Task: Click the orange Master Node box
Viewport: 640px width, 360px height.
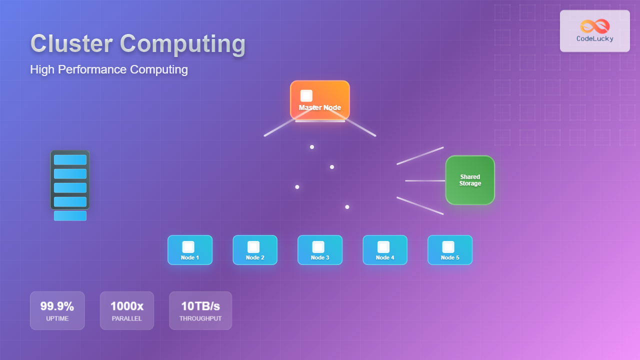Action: (x=320, y=100)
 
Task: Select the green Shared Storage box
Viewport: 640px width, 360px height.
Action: (x=470, y=180)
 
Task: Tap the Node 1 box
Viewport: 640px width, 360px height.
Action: (x=190, y=250)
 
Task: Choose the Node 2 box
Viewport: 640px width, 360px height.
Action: (x=255, y=250)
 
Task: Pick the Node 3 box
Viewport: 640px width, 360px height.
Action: (x=320, y=250)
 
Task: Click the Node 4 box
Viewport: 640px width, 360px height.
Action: (x=385, y=250)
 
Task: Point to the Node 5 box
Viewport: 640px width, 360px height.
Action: (x=450, y=250)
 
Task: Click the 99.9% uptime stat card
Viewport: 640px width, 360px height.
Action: (x=57, y=310)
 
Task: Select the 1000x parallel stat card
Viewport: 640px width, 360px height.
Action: (x=127, y=310)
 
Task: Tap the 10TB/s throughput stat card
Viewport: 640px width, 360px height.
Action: (x=200, y=310)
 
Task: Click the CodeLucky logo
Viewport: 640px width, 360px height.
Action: (x=595, y=31)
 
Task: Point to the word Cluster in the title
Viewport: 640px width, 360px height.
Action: (x=71, y=43)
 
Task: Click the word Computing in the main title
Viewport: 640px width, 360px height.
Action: (x=183, y=43)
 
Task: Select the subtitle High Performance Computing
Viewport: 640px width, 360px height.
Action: (x=109, y=69)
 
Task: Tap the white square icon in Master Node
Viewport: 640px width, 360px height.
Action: (x=306, y=95)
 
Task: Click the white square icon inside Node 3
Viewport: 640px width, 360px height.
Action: (x=318, y=247)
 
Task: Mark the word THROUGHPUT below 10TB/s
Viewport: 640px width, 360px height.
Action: (x=200, y=318)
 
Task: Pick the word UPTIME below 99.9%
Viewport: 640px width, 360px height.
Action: (x=57, y=318)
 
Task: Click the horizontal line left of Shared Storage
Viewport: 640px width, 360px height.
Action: (x=425, y=180)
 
